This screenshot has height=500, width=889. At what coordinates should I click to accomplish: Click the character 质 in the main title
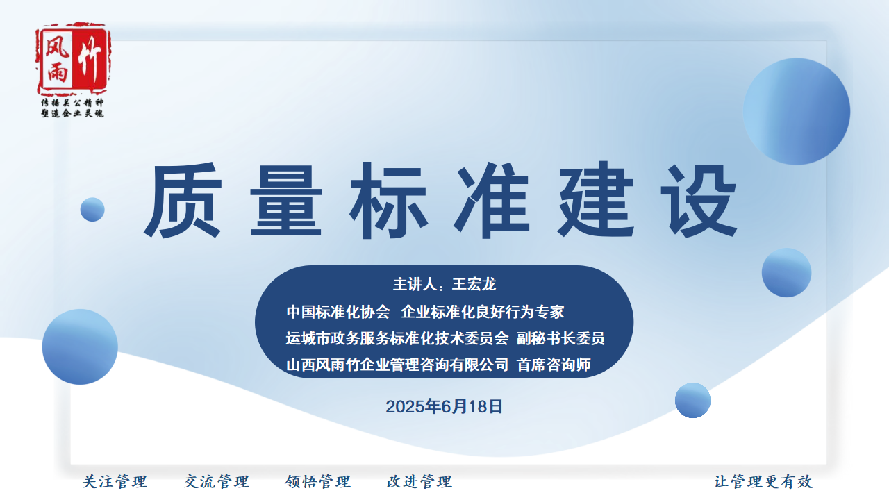(x=183, y=200)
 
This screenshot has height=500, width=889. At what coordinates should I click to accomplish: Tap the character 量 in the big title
(x=286, y=200)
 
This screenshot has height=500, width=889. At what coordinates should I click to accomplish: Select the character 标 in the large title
(x=389, y=200)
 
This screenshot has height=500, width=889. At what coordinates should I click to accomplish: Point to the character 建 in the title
(x=596, y=200)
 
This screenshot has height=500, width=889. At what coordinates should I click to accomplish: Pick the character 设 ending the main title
(x=699, y=200)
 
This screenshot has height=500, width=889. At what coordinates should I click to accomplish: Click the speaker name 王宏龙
(x=474, y=284)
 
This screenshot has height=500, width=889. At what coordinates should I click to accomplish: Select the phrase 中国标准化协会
(x=338, y=312)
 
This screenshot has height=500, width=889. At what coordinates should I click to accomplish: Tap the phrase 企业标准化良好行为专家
(x=483, y=312)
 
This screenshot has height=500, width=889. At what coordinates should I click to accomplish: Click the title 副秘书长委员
(x=560, y=338)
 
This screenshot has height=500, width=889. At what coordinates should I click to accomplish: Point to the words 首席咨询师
(x=554, y=365)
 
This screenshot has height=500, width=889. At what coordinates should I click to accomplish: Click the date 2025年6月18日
(x=444, y=407)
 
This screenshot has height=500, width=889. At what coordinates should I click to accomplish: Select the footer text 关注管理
(x=115, y=482)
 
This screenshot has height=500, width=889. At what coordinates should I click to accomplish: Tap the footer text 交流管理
(x=217, y=482)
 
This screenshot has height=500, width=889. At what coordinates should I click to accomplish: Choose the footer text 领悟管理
(x=318, y=482)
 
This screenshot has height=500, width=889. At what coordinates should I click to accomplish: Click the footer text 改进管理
(x=419, y=482)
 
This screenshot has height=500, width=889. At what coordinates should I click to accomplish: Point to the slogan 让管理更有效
(x=763, y=482)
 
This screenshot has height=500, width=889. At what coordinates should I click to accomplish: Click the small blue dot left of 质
(x=92, y=209)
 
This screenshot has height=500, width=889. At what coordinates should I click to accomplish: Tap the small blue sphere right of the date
(x=692, y=400)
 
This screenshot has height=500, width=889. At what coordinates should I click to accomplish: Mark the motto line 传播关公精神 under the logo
(x=73, y=103)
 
